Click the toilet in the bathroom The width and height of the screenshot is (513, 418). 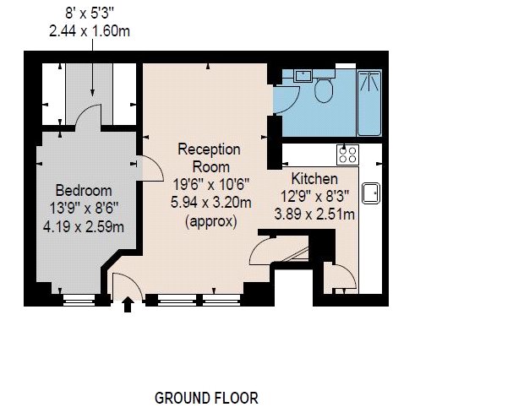324,88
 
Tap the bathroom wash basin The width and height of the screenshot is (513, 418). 303,75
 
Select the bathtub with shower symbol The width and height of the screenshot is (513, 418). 369,103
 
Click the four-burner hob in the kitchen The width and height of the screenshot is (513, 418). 348,155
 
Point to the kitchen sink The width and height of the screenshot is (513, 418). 371,193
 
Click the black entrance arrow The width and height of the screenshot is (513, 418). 128,304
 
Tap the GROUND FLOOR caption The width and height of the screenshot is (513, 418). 206,398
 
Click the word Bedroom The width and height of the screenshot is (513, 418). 84,191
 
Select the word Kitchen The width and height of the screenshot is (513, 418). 314,179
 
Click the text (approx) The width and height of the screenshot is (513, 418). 211,221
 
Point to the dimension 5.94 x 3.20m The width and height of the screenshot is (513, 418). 211,203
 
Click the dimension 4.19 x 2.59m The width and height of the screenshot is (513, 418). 84,226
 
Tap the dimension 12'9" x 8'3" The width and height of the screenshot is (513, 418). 314,197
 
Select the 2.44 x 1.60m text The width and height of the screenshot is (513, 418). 90,31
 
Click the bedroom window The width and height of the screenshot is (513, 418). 79,300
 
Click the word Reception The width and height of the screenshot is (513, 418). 209,149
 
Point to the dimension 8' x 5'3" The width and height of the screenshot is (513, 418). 90,14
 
